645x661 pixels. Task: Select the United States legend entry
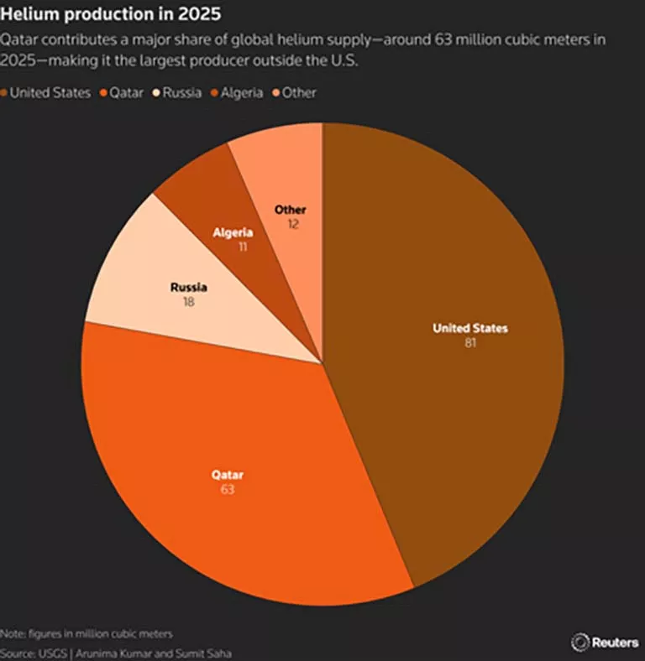click(x=49, y=92)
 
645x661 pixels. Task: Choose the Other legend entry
click(x=298, y=92)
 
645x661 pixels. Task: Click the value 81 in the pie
click(x=469, y=343)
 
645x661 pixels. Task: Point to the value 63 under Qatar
click(x=227, y=489)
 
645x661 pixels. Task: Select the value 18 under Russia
click(x=188, y=301)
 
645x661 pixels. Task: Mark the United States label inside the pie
click(x=469, y=328)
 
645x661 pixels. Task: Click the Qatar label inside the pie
click(x=227, y=475)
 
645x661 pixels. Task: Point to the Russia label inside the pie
click(x=188, y=287)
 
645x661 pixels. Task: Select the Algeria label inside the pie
click(x=233, y=232)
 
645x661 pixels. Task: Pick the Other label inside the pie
click(x=291, y=210)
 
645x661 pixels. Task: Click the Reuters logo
click(x=605, y=642)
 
